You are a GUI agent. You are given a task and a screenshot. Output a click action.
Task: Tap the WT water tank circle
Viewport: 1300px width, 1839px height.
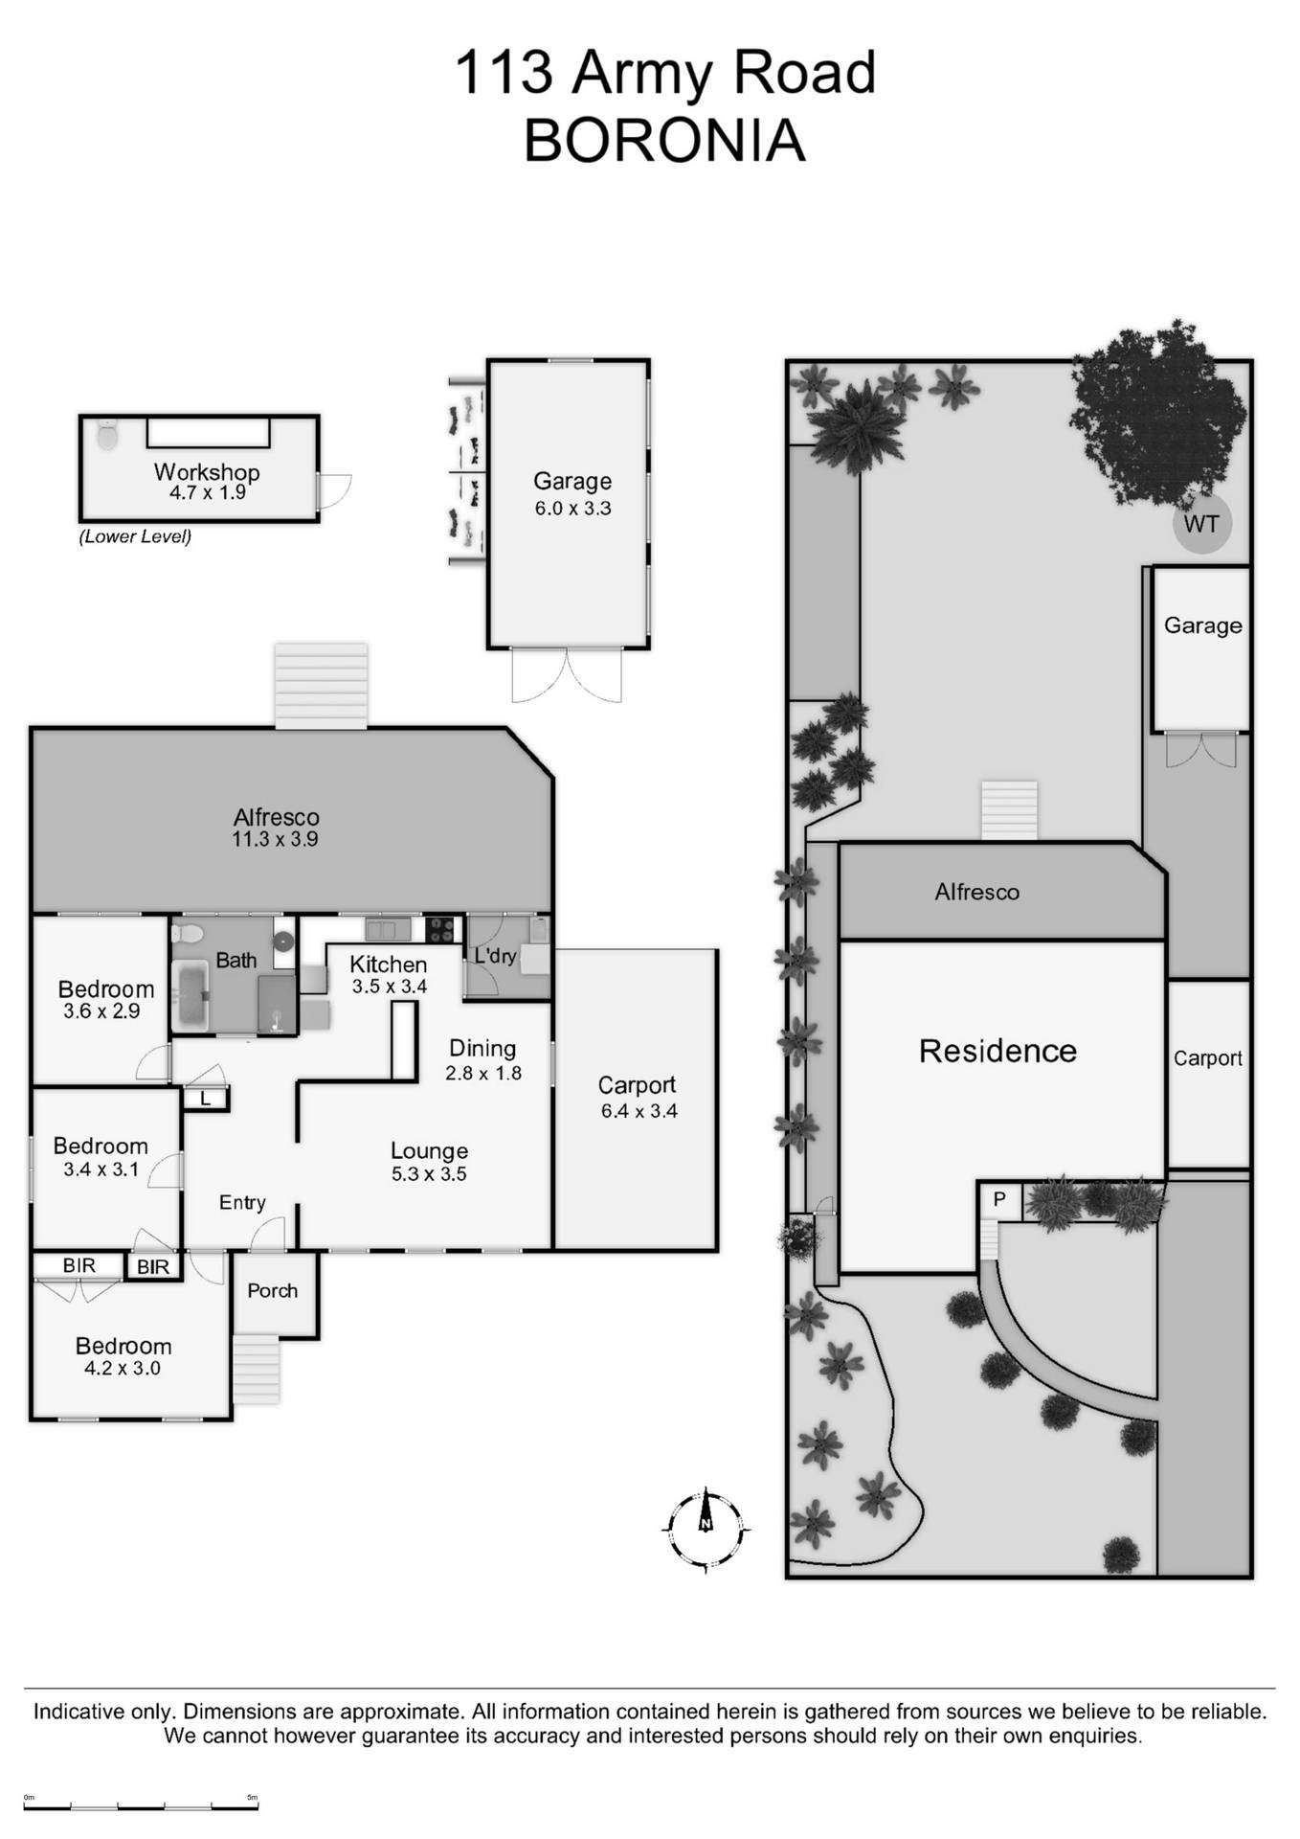pos(1201,524)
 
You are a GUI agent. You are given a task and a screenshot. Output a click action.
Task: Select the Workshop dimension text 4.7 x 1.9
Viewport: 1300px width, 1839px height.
pos(207,492)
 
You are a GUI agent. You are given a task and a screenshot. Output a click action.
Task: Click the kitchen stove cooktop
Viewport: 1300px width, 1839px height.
pos(440,929)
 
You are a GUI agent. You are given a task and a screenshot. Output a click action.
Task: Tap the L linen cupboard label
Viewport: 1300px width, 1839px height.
pos(205,1100)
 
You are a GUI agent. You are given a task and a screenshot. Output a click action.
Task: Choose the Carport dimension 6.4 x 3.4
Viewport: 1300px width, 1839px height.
pos(639,1111)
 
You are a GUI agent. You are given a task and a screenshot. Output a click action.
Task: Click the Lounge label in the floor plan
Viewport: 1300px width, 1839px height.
pos(429,1150)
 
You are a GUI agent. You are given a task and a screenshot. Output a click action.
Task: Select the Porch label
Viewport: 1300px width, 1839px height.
pos(272,1290)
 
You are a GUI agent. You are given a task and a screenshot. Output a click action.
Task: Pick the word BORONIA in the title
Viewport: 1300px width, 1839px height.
pos(664,140)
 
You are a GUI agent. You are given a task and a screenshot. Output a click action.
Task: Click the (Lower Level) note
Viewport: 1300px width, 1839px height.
pos(135,536)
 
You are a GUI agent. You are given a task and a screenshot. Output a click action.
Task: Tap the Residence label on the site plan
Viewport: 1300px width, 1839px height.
pos(997,1051)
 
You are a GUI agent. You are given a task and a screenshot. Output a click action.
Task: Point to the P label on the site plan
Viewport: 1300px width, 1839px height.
pos(999,1199)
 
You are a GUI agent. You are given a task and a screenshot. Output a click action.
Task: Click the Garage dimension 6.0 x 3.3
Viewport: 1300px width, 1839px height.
pos(572,508)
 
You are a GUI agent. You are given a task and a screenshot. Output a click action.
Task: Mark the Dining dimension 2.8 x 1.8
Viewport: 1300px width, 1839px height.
pos(483,1073)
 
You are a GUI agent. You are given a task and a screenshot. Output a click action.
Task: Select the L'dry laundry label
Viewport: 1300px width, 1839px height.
pos(495,955)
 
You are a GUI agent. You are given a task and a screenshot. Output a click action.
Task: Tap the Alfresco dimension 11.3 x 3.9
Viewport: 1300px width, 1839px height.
pos(275,839)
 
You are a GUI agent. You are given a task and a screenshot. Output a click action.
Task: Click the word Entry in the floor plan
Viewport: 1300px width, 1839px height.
pos(242,1202)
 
